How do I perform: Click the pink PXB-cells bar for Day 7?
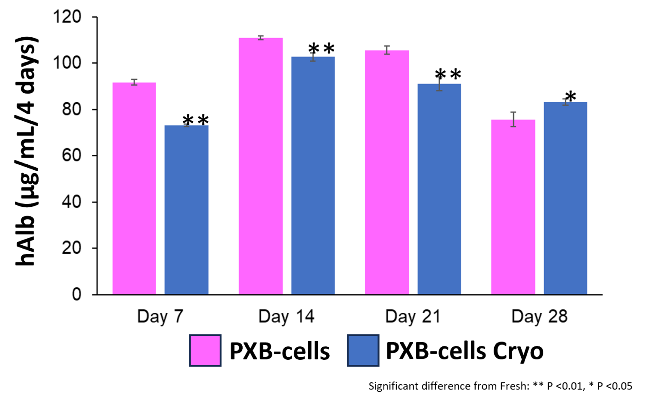click(134, 189)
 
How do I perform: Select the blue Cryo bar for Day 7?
click(186, 210)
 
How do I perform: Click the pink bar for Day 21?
click(387, 172)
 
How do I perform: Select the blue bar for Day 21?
click(439, 189)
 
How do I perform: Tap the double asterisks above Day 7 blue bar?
click(196, 120)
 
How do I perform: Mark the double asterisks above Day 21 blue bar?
click(448, 75)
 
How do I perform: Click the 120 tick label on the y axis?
click(67, 17)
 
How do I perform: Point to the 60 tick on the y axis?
click(71, 156)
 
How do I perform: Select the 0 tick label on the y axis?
click(76, 294)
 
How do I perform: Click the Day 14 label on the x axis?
click(286, 317)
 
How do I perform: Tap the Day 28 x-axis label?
click(539, 317)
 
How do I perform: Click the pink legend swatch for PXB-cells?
click(205, 351)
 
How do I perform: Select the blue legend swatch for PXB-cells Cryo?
click(363, 351)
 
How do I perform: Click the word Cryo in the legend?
click(518, 351)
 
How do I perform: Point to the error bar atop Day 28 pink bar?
click(513, 119)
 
